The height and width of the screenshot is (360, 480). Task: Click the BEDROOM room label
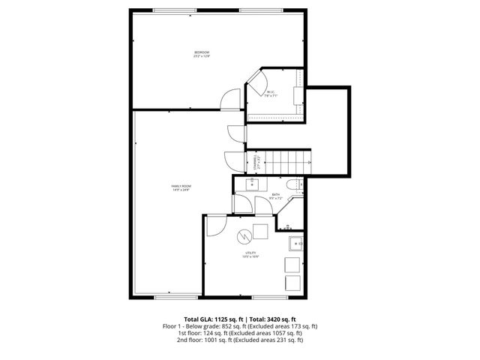[x=202, y=53]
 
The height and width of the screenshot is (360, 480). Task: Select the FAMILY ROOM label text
[x=180, y=187]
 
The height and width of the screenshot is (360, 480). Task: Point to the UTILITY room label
[x=250, y=255]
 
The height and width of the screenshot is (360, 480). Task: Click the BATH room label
[x=276, y=196]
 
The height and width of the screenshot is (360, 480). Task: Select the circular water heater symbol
[x=244, y=238]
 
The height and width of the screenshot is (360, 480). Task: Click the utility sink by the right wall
[x=295, y=243]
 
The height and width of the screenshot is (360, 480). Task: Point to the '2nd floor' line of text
[x=240, y=340]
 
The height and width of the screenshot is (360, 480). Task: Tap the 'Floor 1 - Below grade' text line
[x=240, y=326]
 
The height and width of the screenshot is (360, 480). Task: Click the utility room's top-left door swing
[x=215, y=226]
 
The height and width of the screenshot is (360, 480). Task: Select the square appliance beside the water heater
[x=261, y=230]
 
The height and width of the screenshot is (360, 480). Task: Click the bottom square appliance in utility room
[x=292, y=283]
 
